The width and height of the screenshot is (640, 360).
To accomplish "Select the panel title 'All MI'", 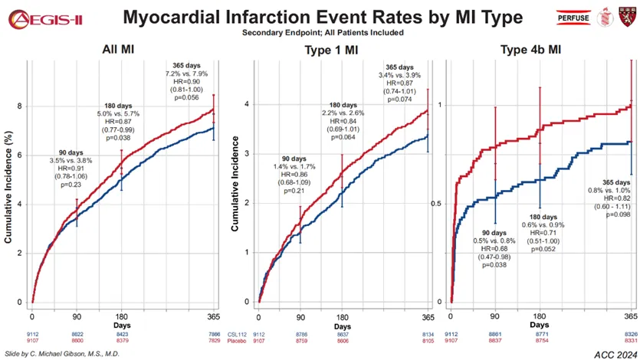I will tap(120, 51).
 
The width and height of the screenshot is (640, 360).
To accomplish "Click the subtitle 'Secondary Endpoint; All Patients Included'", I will tap(323, 32).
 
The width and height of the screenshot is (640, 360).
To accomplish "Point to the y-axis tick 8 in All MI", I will tap(19, 106).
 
